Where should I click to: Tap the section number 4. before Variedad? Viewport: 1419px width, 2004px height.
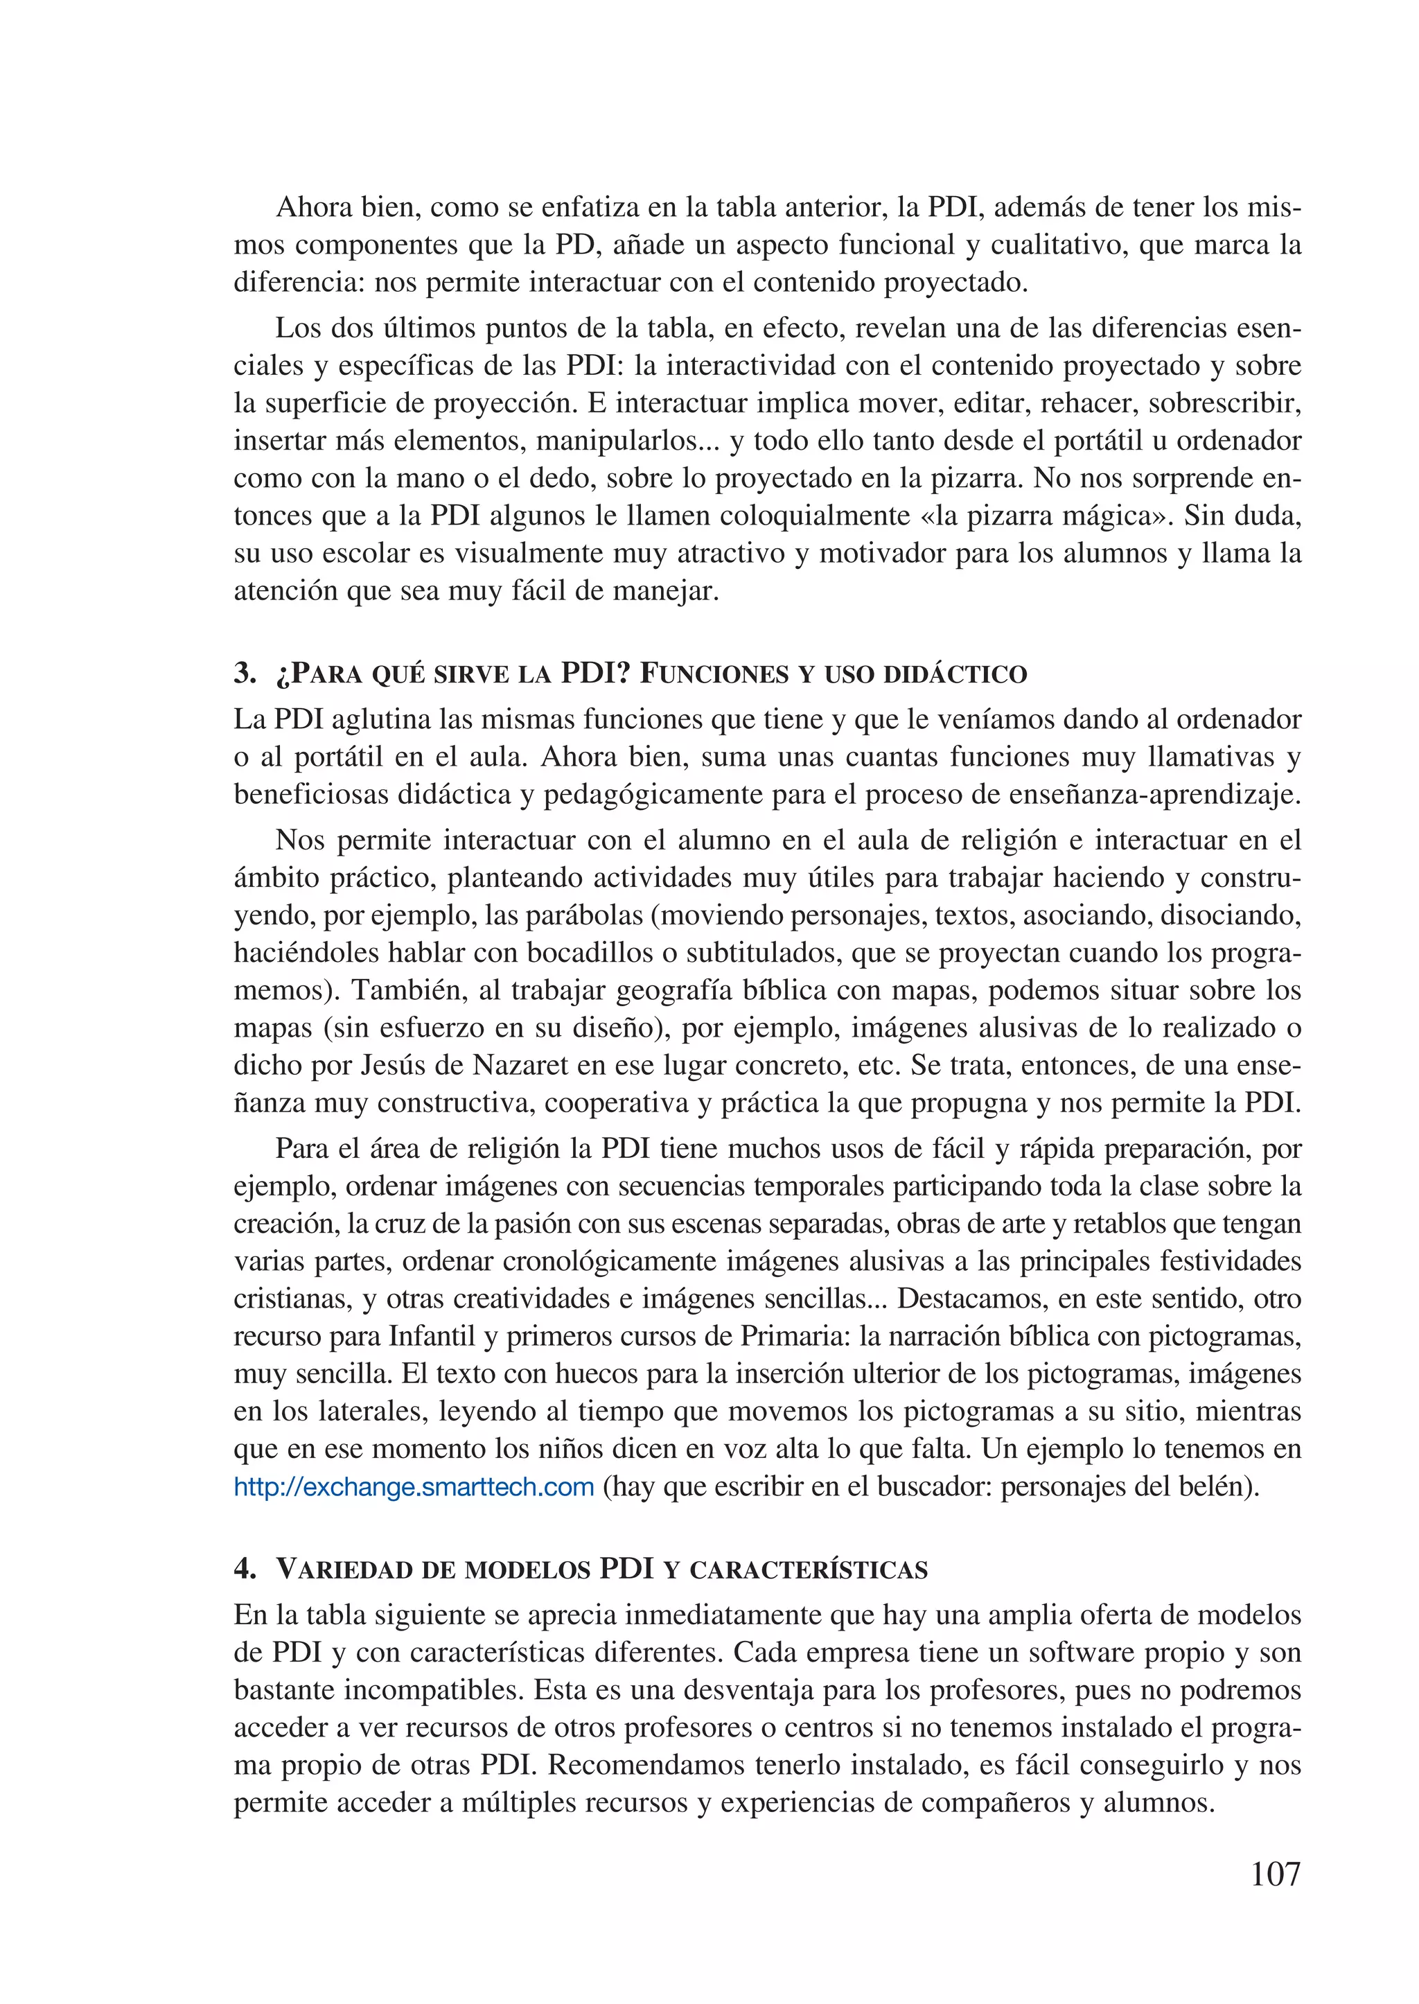click(245, 1568)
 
